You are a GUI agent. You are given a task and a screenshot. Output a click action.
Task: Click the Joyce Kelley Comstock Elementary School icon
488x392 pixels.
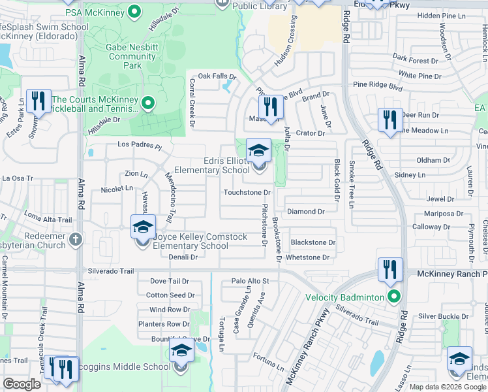click(x=143, y=227)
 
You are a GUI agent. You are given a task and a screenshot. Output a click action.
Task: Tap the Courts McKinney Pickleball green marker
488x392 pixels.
click(x=148, y=103)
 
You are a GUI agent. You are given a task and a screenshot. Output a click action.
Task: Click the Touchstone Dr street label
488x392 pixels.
click(x=247, y=193)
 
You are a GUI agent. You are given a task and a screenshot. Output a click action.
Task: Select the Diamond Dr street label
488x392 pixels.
click(x=306, y=212)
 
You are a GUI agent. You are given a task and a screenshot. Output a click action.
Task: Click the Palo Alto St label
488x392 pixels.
click(x=250, y=281)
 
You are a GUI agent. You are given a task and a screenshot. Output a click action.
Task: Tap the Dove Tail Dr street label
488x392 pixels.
click(x=169, y=281)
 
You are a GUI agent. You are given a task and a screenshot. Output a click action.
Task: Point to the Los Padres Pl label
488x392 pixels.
click(x=139, y=144)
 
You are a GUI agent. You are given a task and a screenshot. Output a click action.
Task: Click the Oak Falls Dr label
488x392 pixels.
click(x=216, y=76)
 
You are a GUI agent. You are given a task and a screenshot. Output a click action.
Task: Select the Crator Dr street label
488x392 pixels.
click(x=310, y=133)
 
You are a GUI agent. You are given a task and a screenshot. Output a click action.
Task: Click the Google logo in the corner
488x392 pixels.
click(x=22, y=384)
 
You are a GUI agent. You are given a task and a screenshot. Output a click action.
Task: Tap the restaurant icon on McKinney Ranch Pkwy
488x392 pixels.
click(x=389, y=269)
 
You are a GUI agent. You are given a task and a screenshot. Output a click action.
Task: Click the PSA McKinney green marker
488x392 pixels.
click(x=135, y=11)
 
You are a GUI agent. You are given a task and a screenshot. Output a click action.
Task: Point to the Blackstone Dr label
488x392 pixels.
click(x=313, y=242)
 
